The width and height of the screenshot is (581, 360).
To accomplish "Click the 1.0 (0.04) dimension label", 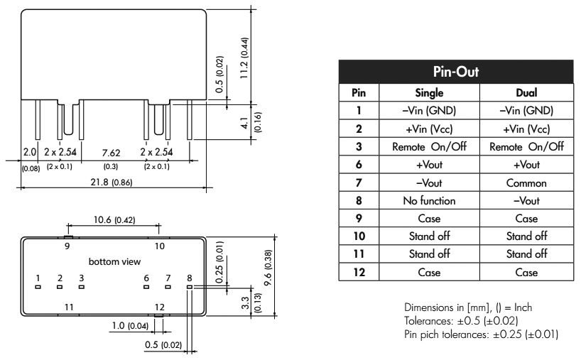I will [129, 327].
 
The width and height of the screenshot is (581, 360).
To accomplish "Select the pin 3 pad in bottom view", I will [82, 287].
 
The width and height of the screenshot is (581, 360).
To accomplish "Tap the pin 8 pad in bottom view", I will [190, 287].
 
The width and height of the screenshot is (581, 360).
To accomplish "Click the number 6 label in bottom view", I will [146, 278].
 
